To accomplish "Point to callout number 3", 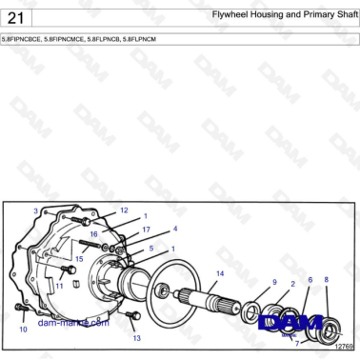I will point(35,210).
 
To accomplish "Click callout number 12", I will point(124,210).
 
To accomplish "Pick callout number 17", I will point(146,230).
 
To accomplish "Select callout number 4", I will point(175,229).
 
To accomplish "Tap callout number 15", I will point(79,258).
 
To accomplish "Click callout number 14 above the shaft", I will point(219,273).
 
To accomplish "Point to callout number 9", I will point(274,282).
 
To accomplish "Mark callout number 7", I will point(296,342).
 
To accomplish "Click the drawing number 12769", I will point(344,347).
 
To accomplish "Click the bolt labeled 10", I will point(21,312).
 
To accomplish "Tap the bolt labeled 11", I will point(58,270).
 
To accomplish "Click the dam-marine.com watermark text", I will point(72,322).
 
